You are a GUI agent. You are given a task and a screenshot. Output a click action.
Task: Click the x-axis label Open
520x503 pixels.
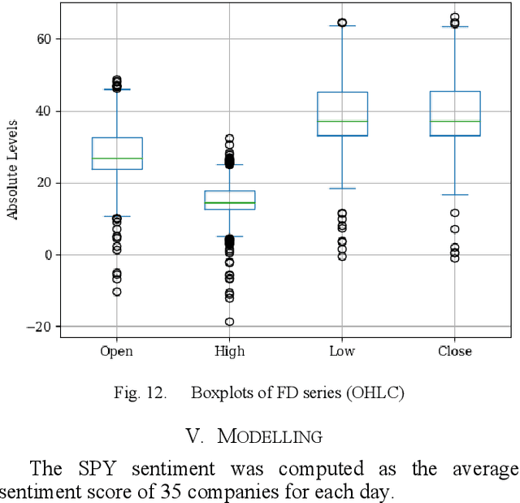(x=116, y=351)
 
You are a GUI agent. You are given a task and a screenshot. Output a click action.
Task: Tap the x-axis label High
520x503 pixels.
(x=230, y=351)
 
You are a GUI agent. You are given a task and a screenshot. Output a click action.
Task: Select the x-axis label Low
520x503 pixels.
(x=342, y=351)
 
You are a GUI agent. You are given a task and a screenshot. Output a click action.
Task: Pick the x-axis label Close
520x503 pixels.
(x=454, y=351)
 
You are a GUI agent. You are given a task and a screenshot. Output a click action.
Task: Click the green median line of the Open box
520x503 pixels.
(x=117, y=158)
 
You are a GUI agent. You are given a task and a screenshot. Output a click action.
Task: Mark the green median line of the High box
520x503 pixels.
(x=230, y=202)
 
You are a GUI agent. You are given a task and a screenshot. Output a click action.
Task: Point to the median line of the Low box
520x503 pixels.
(x=342, y=121)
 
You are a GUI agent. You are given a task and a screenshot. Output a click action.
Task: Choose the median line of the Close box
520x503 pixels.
(x=454, y=121)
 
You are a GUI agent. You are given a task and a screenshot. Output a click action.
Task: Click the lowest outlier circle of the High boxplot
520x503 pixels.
(x=230, y=322)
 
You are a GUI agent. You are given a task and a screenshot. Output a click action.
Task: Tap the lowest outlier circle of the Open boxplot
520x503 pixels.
(x=117, y=292)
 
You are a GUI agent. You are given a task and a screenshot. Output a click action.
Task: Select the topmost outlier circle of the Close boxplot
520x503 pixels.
(x=454, y=17)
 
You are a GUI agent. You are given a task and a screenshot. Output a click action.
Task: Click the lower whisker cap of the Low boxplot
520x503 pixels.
(x=342, y=189)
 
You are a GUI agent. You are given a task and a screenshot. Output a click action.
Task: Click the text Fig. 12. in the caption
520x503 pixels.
(x=140, y=393)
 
